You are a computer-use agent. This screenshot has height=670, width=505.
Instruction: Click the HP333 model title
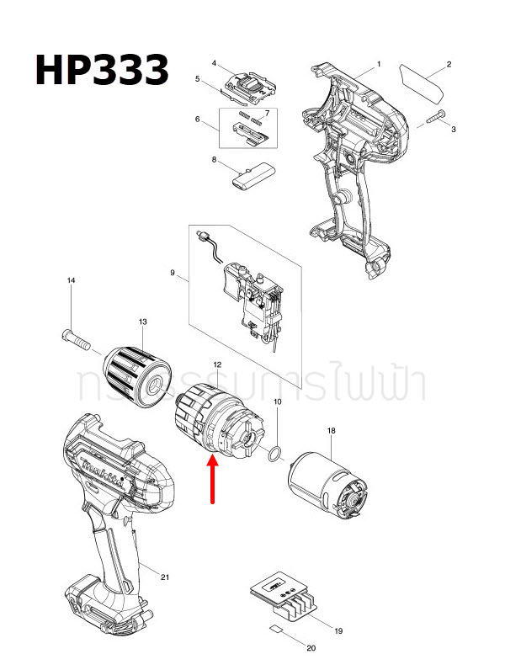pyautogui.click(x=101, y=69)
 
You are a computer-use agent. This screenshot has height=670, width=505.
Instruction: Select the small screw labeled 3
pyautogui.click(x=435, y=118)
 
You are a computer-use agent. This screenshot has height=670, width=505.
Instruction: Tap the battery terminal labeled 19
pyautogui.click(x=282, y=601)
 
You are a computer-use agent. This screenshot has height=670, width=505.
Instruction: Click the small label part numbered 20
pyautogui.click(x=276, y=628)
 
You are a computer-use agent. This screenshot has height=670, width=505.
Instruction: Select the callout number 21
pyautogui.click(x=165, y=577)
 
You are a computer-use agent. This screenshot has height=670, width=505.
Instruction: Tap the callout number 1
pyautogui.click(x=379, y=64)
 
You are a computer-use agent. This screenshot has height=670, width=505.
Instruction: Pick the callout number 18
pyautogui.click(x=331, y=431)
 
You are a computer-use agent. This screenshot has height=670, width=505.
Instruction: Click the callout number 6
pyautogui.click(x=197, y=120)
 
